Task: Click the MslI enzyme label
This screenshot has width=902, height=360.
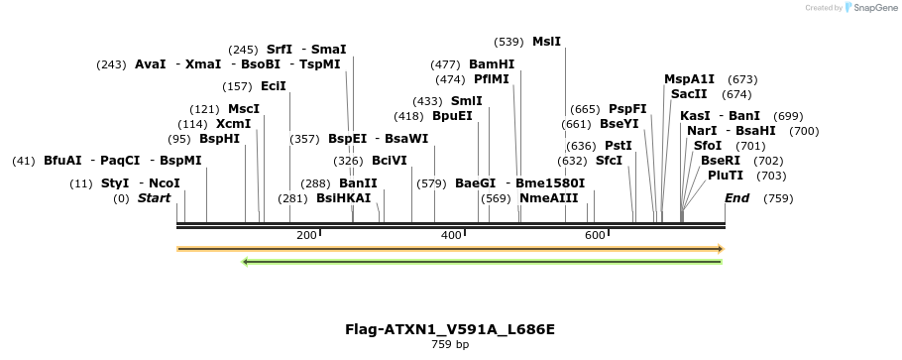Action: (x=546, y=42)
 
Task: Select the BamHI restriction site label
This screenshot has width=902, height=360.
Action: (x=492, y=64)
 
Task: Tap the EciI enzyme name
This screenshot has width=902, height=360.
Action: (x=274, y=86)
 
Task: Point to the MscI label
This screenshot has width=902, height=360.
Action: (x=244, y=109)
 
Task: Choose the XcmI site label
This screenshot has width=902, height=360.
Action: (x=233, y=124)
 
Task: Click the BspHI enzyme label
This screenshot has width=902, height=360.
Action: (x=219, y=139)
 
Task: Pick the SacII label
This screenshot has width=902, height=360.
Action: (x=689, y=94)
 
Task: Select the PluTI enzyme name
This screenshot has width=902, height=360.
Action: (x=726, y=176)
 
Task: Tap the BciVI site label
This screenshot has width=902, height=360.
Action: (x=390, y=161)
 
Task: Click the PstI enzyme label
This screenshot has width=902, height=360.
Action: (x=619, y=146)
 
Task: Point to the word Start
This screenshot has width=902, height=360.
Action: (x=154, y=198)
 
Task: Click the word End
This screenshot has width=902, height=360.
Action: (x=736, y=198)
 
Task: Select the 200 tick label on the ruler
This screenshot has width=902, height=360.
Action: (x=306, y=235)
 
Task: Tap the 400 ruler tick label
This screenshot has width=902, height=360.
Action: (x=451, y=235)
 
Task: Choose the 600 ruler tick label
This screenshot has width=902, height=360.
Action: (x=595, y=235)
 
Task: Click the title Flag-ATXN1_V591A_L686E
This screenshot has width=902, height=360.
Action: (x=450, y=329)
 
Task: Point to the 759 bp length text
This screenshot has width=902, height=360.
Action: (x=450, y=345)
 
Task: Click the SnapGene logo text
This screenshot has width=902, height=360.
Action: (x=871, y=8)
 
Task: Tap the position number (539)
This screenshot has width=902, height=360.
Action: (x=508, y=42)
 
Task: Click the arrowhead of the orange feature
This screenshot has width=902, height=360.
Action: (x=721, y=249)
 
